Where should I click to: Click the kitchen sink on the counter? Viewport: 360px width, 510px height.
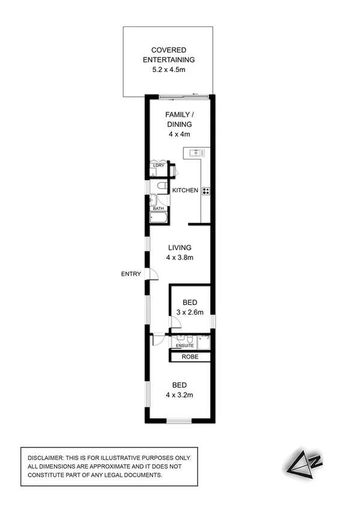tap(197, 153)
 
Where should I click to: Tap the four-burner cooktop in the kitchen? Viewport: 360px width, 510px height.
tap(206, 191)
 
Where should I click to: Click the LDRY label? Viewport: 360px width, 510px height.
tap(159, 165)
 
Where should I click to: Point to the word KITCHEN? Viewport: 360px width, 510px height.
tap(185, 191)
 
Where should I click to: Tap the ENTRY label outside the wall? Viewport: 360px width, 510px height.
tap(131, 274)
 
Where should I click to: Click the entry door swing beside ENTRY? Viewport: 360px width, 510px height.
tap(153, 274)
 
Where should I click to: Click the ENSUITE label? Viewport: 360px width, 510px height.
tap(185, 346)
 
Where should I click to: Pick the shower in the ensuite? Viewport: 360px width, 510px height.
tap(205, 341)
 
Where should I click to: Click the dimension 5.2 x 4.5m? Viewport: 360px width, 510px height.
tap(168, 70)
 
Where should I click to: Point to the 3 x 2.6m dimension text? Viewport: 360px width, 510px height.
tap(191, 312)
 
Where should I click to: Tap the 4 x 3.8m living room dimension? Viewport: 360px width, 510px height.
tap(179, 257)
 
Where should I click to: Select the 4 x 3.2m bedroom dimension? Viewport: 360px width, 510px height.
tap(179, 395)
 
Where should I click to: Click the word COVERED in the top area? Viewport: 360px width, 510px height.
tap(168, 50)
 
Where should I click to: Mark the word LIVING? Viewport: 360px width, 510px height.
tap(179, 247)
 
